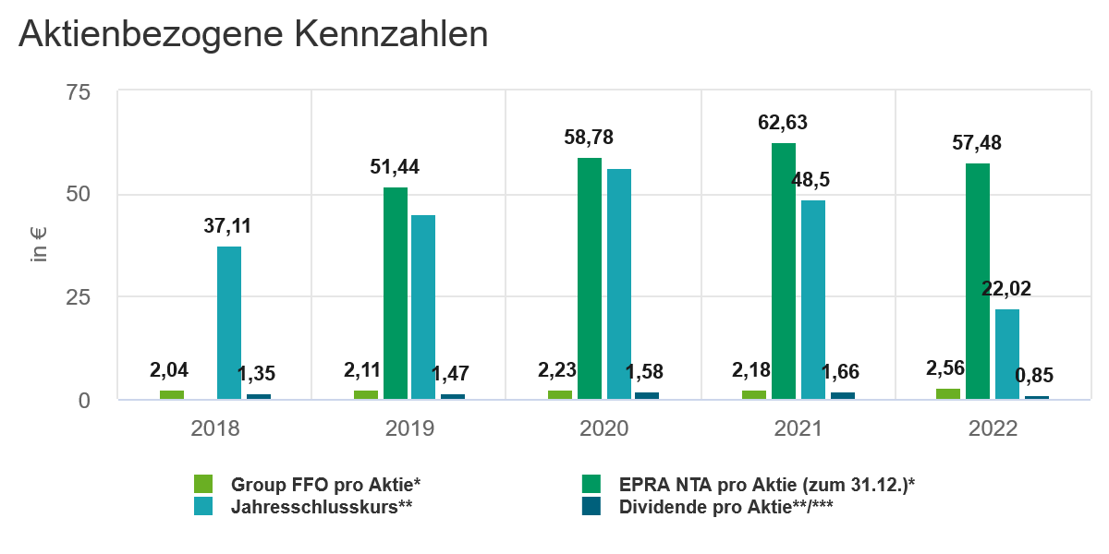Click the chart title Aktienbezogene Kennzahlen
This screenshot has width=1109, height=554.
point(253,35)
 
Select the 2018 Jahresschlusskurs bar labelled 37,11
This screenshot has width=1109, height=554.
point(229,322)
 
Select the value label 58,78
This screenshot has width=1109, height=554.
point(589,138)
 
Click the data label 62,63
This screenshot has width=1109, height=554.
point(783,123)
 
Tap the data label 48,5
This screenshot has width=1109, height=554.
point(810,179)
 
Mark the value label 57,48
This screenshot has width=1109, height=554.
point(977,143)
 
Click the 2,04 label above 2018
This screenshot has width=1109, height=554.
point(171,370)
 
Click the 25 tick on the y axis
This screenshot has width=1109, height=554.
point(79,297)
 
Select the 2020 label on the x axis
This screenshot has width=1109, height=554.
point(603,429)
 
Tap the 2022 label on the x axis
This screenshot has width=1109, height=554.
point(992,429)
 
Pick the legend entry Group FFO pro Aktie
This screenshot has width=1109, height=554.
point(325,484)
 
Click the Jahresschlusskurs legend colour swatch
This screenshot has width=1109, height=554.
point(203,506)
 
